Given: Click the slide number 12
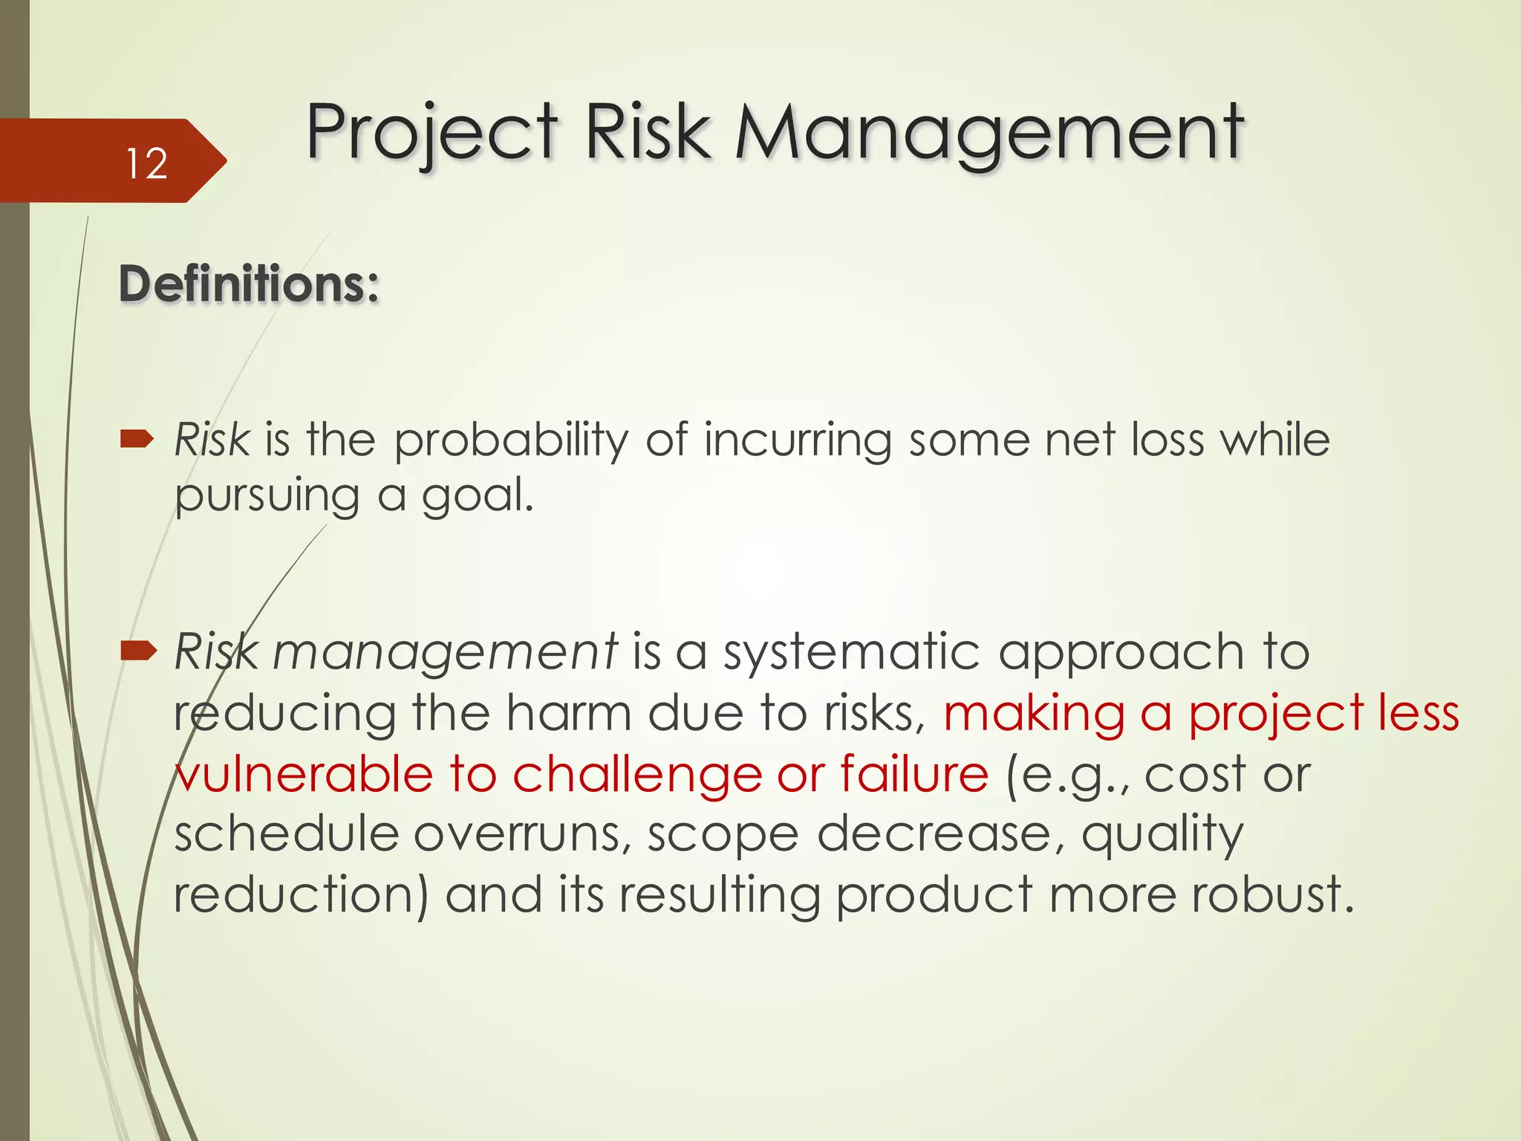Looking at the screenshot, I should tap(146, 163).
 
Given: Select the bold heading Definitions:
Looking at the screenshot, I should tap(249, 285).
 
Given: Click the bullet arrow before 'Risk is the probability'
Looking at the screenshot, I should tap(137, 440).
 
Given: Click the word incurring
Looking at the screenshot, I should tap(798, 441).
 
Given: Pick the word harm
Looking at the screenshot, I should tap(568, 714).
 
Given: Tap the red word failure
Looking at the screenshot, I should tap(914, 775).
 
